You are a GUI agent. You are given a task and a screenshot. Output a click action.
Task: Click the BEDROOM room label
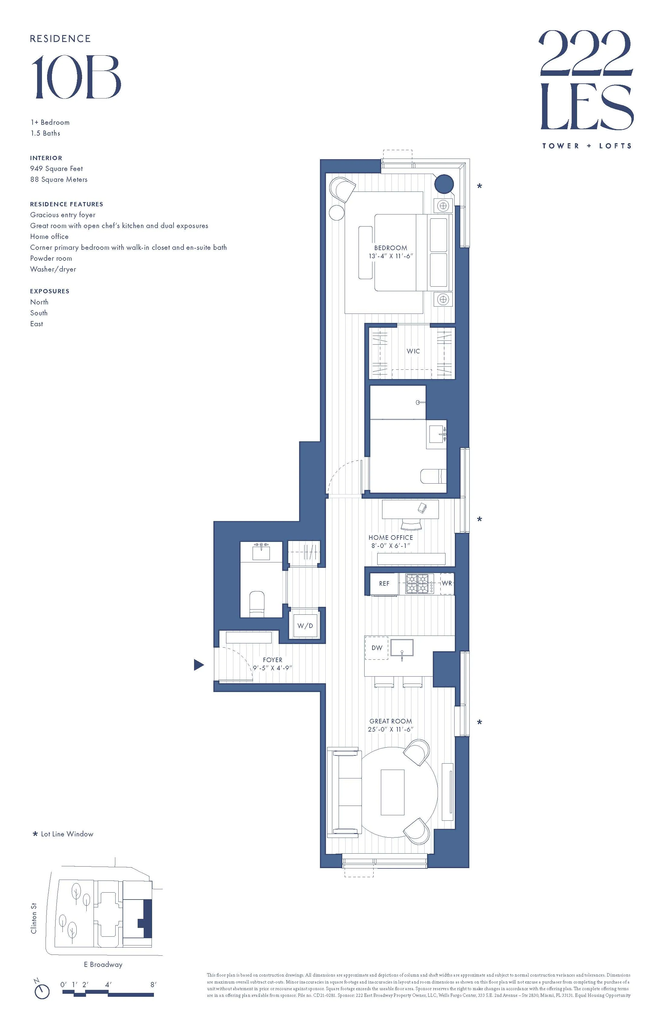tap(390, 248)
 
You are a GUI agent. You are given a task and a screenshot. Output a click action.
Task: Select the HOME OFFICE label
tap(390, 537)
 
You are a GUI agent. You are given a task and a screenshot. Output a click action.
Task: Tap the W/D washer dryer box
tap(305, 626)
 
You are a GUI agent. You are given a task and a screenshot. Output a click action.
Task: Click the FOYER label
tap(273, 660)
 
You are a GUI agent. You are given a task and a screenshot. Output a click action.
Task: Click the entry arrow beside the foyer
tap(198, 665)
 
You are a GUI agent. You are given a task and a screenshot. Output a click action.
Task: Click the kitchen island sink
tap(401, 648)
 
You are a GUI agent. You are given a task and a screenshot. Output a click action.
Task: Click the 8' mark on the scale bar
tap(153, 985)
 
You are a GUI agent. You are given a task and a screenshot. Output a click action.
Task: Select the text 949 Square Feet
tap(56, 169)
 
